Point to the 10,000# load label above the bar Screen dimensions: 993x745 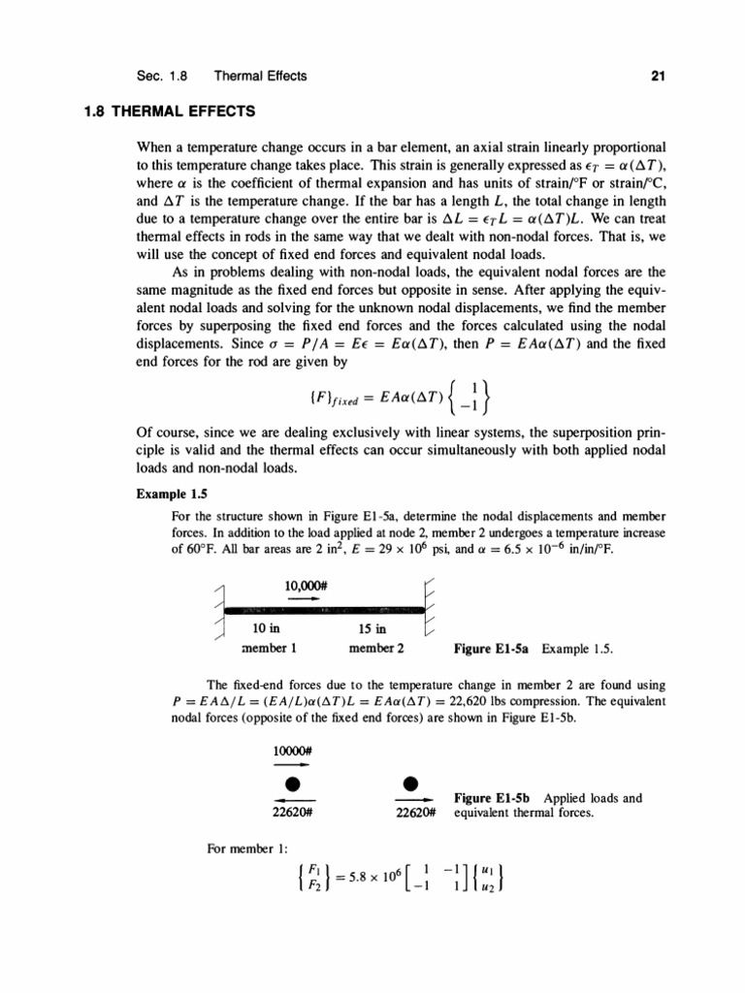tap(308, 585)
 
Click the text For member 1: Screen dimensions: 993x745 tap(243, 849)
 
